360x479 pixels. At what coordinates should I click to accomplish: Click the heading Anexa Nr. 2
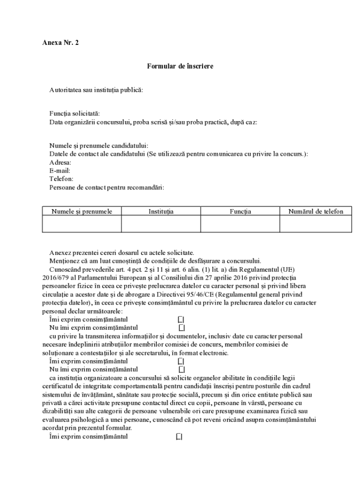60,43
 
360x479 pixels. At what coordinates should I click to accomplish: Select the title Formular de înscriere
180,66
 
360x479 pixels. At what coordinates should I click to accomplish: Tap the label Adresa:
60,162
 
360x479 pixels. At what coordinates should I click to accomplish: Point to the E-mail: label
60,171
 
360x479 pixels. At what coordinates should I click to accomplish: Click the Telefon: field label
61,179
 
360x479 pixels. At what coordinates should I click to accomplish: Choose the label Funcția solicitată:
74,114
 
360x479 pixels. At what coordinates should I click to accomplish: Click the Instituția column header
161,211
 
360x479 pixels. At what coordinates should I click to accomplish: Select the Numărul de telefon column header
316,211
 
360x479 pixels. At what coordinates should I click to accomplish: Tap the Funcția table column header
240,211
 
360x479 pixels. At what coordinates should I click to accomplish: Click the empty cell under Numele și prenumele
82,224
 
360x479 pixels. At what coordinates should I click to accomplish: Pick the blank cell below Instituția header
161,224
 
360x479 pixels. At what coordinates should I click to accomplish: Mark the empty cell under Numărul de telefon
316,224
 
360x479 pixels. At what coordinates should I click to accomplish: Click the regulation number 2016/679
55,277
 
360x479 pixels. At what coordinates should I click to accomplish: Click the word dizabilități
58,411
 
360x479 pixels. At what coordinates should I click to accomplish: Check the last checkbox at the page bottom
180,437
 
